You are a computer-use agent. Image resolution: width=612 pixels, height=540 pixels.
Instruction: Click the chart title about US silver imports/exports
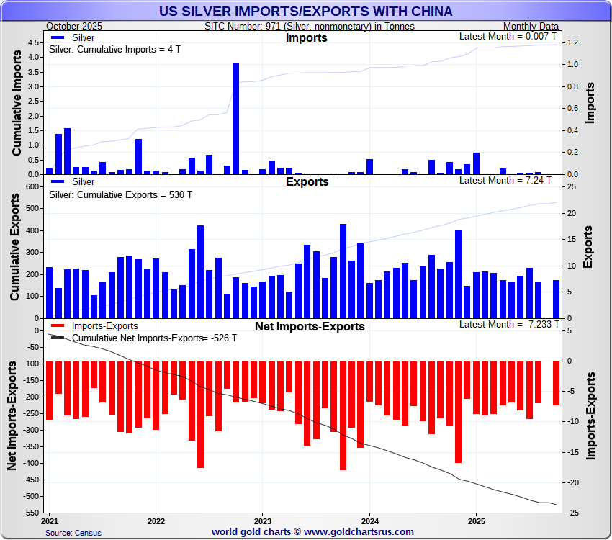(x=306, y=11)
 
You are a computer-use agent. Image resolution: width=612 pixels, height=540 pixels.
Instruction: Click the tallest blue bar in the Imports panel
(x=235, y=119)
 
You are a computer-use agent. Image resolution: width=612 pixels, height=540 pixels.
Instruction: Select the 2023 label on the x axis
(x=263, y=520)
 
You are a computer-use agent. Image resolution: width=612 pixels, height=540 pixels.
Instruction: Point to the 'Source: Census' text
(x=73, y=533)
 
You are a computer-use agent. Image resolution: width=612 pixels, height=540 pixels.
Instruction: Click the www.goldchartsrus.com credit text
(x=312, y=532)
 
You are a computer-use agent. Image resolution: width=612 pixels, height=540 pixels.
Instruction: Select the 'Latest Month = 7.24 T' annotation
(x=508, y=179)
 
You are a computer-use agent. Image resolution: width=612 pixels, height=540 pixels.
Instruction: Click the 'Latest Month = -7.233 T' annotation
(x=508, y=324)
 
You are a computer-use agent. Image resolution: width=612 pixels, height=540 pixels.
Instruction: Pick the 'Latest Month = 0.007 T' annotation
(x=508, y=36)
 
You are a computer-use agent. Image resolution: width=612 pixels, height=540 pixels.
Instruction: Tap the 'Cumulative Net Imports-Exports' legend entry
(x=137, y=338)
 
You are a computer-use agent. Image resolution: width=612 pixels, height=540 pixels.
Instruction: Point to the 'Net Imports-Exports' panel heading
(x=310, y=327)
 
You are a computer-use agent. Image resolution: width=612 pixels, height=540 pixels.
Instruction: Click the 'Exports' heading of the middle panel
(x=307, y=182)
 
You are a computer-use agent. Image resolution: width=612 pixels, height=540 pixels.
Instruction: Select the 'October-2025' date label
(x=74, y=26)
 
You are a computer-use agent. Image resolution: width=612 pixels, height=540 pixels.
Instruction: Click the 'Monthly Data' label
(x=531, y=26)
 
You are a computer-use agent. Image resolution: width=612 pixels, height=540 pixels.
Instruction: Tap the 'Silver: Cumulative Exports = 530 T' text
(x=120, y=194)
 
